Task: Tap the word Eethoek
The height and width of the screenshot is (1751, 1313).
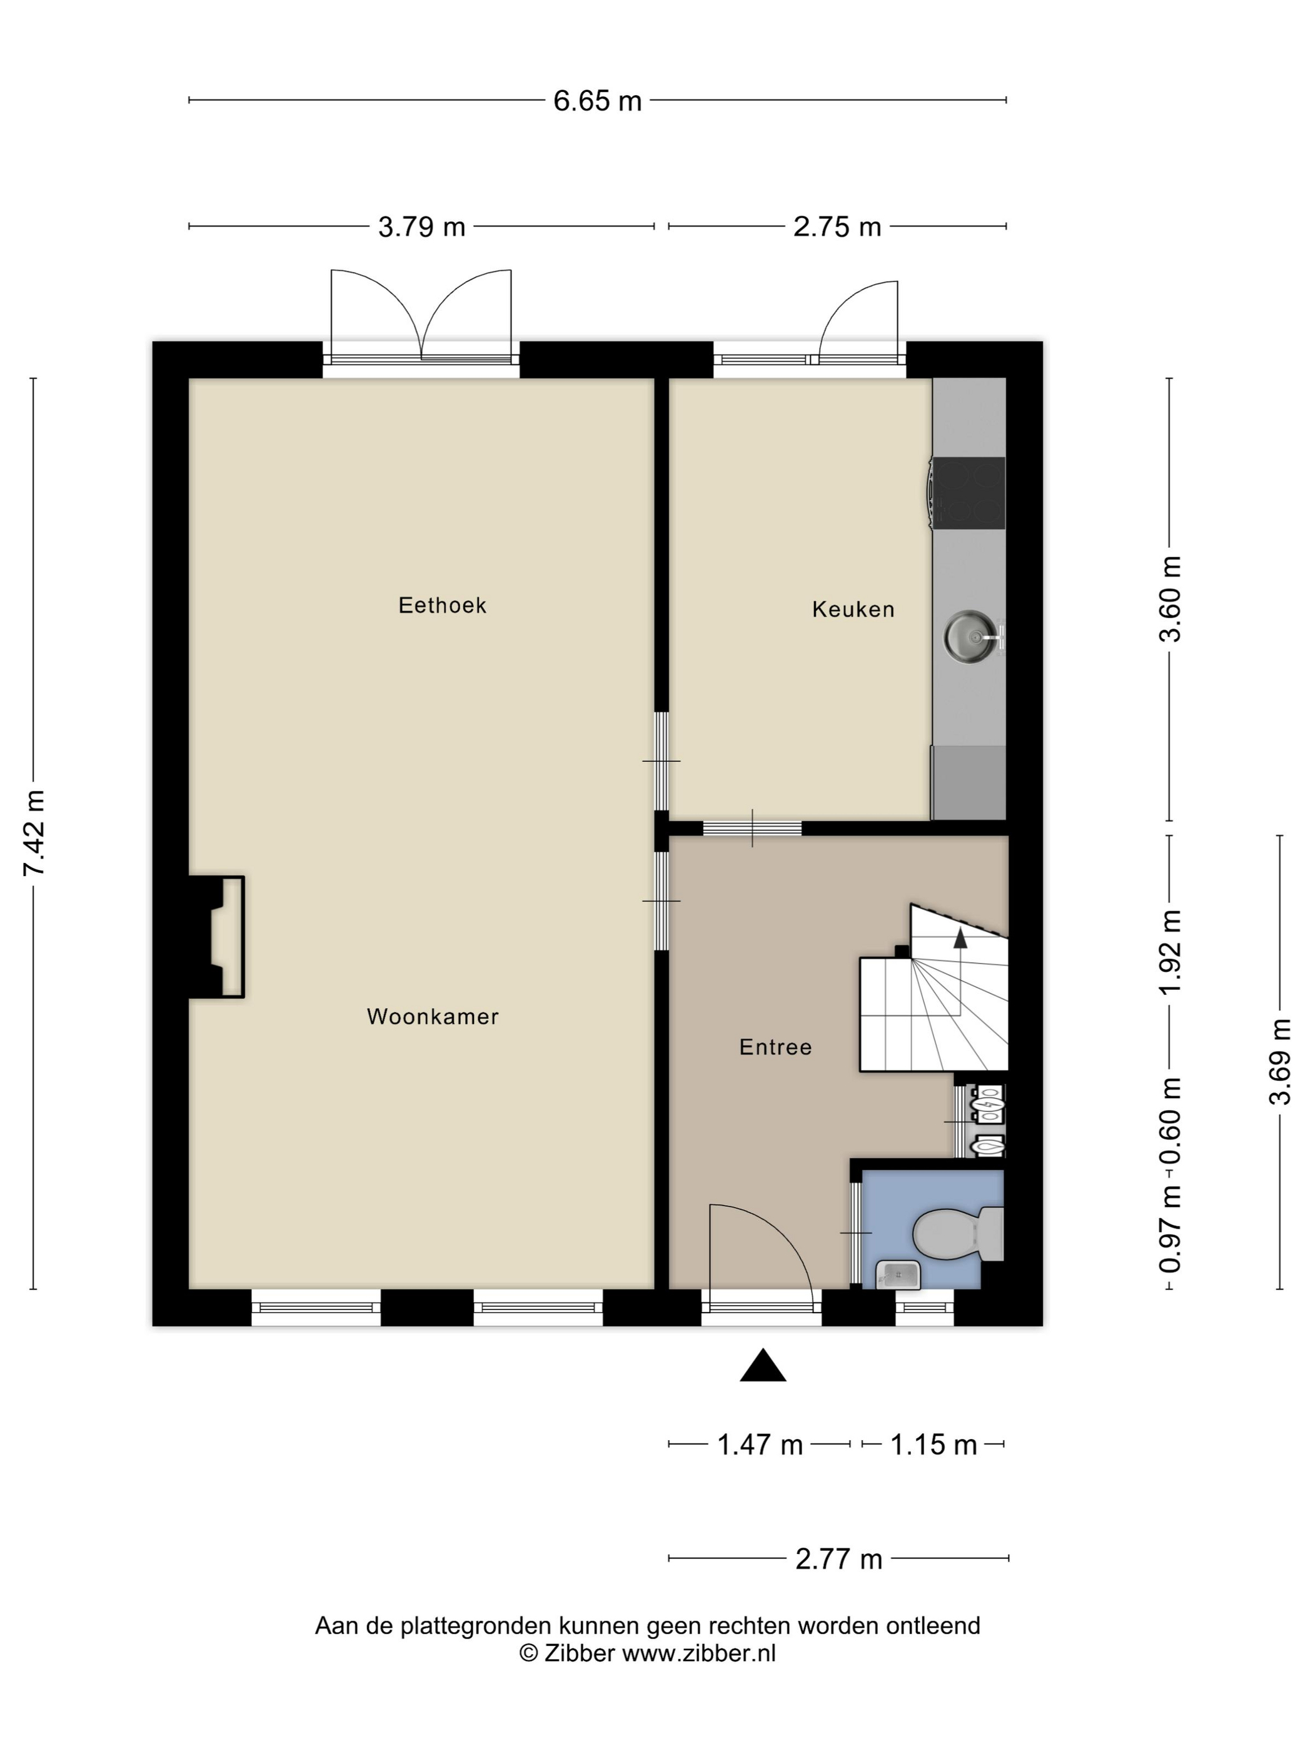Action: (x=441, y=605)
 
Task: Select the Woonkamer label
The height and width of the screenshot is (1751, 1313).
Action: (x=432, y=1016)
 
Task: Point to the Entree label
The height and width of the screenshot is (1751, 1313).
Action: (x=775, y=1047)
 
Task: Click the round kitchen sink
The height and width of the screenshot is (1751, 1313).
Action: (x=970, y=635)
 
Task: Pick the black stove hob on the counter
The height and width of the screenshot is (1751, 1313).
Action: (x=968, y=492)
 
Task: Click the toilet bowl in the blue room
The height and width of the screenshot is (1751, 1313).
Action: (x=946, y=1233)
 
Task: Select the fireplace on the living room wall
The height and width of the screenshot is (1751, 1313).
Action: (x=220, y=936)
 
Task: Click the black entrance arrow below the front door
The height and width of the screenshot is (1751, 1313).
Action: (x=762, y=1367)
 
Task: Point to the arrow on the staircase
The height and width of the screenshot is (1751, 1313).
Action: (x=960, y=938)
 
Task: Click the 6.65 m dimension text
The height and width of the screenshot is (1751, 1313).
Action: (x=596, y=101)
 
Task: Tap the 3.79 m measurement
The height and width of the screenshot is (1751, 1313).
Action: (x=421, y=227)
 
